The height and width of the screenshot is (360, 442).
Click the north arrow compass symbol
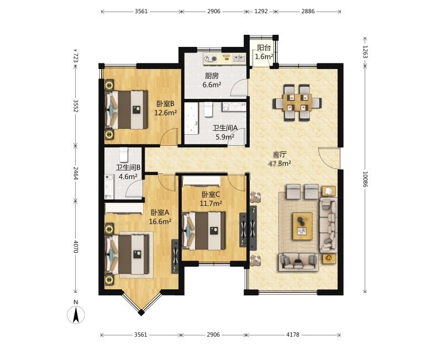(x=76, y=314)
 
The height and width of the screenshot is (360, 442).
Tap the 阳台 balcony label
(x=264, y=48)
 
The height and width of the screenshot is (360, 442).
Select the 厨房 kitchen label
(x=212, y=76)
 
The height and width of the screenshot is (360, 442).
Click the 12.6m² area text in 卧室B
(x=165, y=113)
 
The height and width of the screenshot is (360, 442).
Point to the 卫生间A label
(x=225, y=128)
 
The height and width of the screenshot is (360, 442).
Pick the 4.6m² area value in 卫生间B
(x=128, y=177)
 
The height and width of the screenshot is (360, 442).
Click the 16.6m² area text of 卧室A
(x=160, y=221)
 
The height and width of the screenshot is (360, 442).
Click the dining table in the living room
(x=297, y=103)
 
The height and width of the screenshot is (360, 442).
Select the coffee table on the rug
(x=302, y=226)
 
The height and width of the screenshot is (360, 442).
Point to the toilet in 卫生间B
(x=124, y=155)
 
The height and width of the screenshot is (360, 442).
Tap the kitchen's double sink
(x=239, y=59)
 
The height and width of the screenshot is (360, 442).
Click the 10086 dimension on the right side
(x=366, y=179)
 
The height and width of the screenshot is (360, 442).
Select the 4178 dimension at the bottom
(x=293, y=335)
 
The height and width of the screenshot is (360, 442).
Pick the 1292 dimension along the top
(x=261, y=12)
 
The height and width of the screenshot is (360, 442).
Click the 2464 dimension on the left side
(x=76, y=173)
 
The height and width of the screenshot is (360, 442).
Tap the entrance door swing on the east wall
(x=328, y=158)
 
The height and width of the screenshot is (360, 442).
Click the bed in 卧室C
(x=204, y=231)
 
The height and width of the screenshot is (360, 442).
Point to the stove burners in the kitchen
(x=211, y=59)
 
